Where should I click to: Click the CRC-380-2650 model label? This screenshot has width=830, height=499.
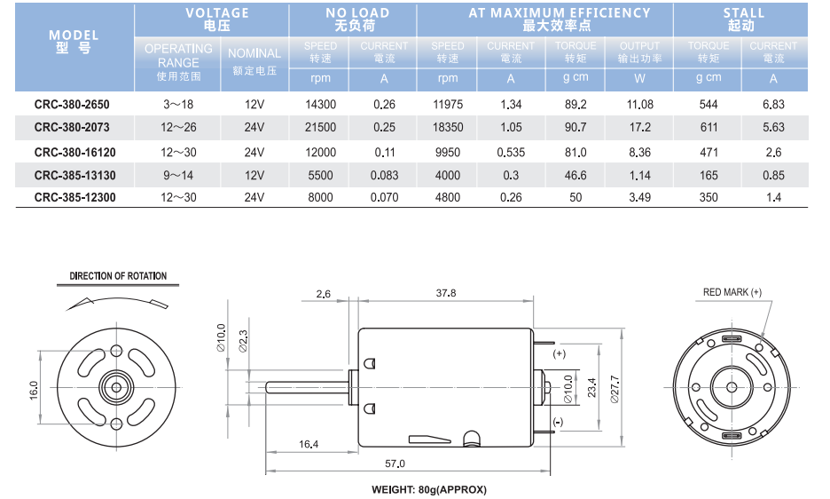pos(72,105)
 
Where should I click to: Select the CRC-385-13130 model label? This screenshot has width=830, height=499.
pos(74,176)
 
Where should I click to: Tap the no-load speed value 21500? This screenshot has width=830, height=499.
pos(320,127)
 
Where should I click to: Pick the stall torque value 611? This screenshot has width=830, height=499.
pos(709,127)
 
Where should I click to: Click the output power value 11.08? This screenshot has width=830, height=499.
pos(640,105)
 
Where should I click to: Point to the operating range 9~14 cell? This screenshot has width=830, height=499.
pos(178,176)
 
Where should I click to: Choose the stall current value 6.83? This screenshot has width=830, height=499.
pos(773,105)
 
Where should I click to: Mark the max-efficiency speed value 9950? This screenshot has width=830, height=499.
pos(448,153)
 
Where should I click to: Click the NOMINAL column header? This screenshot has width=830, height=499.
pos(254,53)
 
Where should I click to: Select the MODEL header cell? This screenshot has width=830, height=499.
pos(74,42)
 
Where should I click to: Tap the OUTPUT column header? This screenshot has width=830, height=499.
pos(639,46)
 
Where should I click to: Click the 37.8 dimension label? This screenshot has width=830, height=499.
pos(446,293)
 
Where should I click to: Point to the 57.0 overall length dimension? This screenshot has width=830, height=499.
pos(395,463)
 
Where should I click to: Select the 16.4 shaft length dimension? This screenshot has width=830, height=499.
pos(309,444)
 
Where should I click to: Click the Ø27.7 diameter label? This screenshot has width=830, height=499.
pos(615,389)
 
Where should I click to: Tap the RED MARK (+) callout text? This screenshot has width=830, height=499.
pos(732,292)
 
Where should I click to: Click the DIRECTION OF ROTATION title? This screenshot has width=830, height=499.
pos(118,276)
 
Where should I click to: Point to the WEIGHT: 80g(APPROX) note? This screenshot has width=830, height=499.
pos(429,489)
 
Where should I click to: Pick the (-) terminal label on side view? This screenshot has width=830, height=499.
pos(558,422)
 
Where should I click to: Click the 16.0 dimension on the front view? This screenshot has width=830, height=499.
pos(34,391)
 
